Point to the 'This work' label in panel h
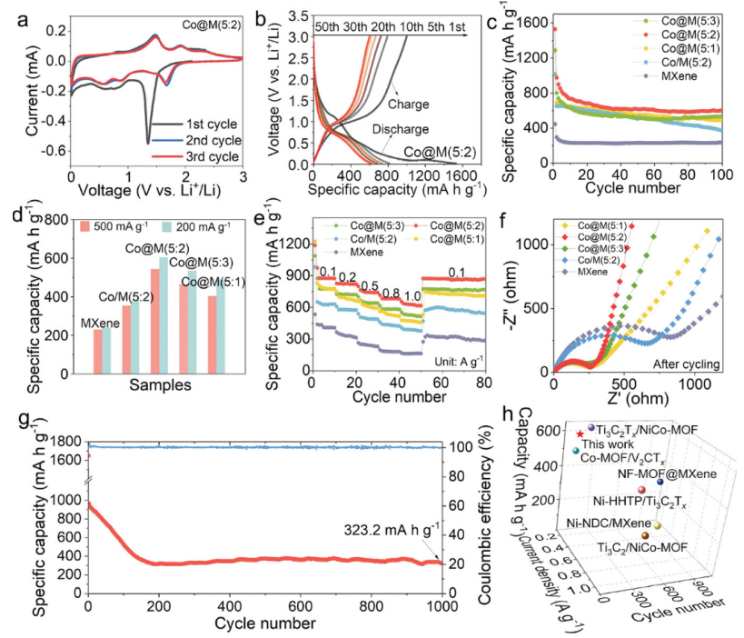pyautogui.click(x=603, y=444)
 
